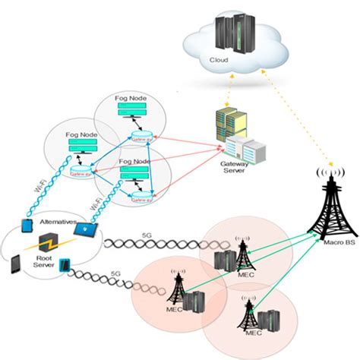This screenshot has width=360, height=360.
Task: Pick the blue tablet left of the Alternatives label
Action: point(27,227)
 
